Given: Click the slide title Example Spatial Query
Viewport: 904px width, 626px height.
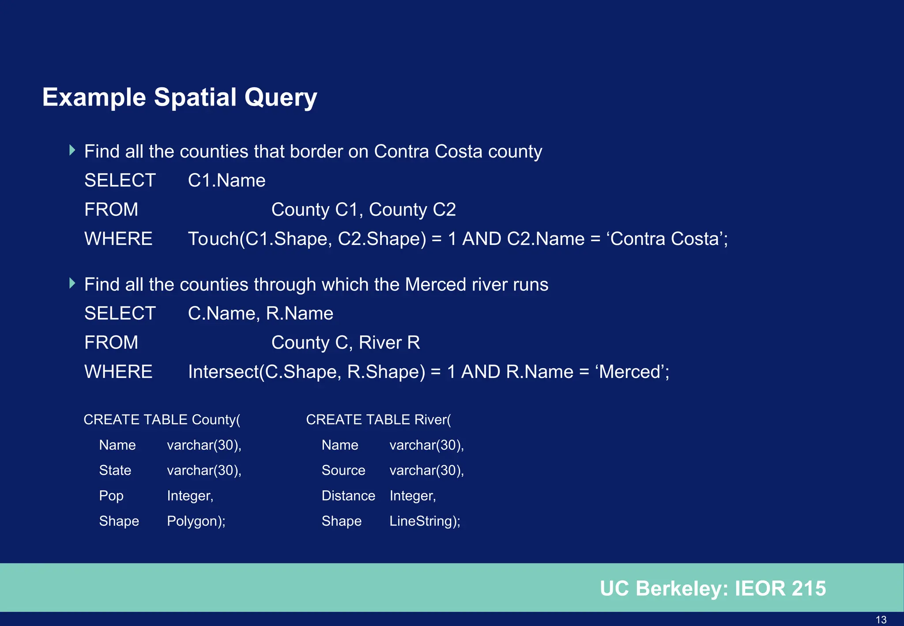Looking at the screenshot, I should point(179,97).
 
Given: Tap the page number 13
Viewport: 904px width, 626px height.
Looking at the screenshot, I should point(881,619).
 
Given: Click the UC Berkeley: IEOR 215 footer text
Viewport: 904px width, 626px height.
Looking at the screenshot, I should point(712,588).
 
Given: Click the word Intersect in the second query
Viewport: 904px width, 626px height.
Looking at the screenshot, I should point(223,372).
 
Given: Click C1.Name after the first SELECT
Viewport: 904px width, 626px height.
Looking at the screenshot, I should point(226,181).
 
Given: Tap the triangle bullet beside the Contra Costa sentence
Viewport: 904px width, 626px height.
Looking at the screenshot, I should point(73,150).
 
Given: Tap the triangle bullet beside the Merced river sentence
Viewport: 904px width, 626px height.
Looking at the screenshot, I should point(73,283).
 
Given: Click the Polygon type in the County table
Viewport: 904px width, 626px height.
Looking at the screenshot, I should point(196,521).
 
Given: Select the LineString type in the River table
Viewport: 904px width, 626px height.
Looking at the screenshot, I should point(424,521).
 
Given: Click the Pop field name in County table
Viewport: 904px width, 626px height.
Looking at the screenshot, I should point(111,496).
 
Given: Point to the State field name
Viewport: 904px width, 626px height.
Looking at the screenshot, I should point(115,470).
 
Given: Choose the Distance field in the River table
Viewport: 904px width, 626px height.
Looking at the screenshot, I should point(348,496).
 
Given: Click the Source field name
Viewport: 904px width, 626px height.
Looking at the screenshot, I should point(343,470).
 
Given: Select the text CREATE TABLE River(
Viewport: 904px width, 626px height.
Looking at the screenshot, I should point(378,419).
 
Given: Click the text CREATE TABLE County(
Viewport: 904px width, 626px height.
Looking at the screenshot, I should point(162,419).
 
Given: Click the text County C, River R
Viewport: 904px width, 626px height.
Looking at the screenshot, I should point(345,343).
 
